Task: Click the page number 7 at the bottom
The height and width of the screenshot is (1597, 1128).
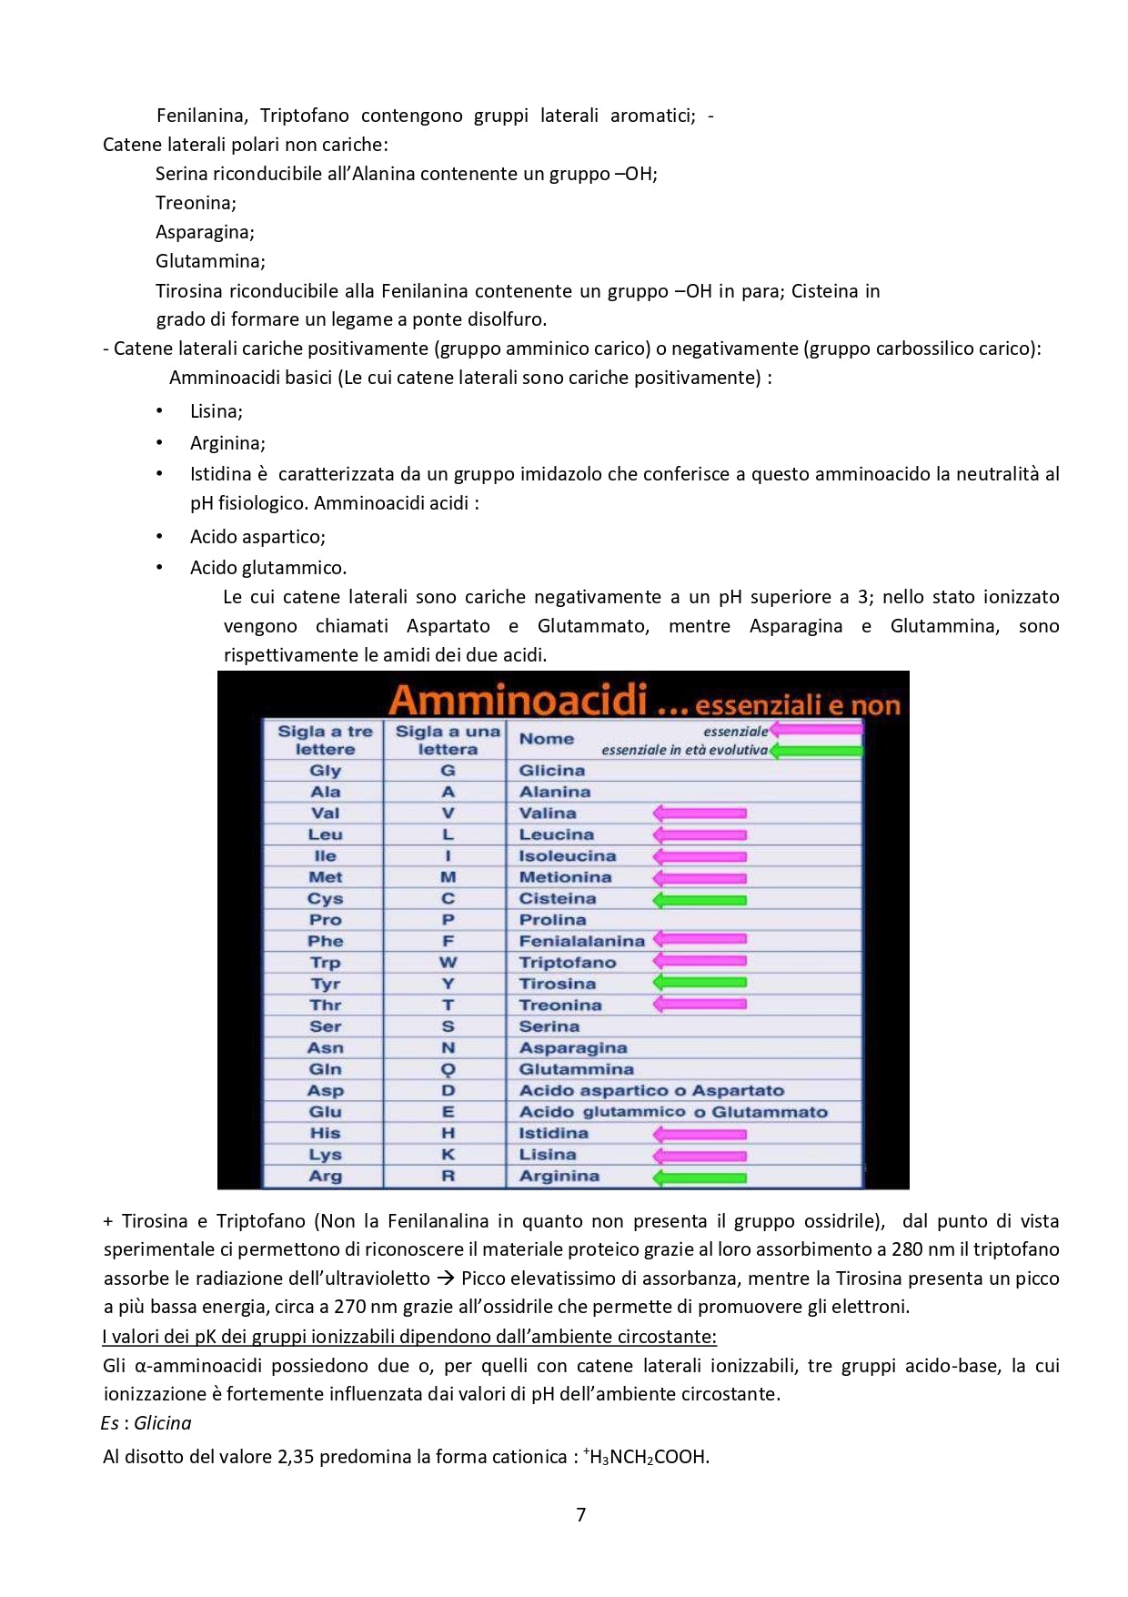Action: click(581, 1514)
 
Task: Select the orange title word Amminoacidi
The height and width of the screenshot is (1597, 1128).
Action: click(518, 701)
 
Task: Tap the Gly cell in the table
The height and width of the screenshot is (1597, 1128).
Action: click(325, 771)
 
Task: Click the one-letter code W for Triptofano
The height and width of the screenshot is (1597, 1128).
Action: click(448, 963)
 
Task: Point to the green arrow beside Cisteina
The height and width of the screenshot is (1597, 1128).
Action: click(700, 900)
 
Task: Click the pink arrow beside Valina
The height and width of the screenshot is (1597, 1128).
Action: click(700, 814)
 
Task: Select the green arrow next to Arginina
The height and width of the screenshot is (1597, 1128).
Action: click(700, 1178)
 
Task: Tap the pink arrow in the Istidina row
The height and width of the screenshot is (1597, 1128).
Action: click(700, 1135)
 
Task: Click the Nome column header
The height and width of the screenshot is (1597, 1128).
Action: click(546, 739)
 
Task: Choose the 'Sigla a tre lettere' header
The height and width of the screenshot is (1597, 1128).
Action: click(325, 740)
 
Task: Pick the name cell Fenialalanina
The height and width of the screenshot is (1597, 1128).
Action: click(581, 941)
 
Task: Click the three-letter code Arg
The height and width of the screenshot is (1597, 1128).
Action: click(325, 1176)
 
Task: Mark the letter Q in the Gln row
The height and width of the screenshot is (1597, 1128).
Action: click(448, 1069)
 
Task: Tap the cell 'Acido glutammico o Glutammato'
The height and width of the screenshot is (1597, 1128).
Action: click(673, 1112)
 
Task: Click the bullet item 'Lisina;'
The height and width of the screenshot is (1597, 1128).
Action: click(216, 411)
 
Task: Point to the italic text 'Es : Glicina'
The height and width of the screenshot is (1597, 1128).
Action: click(146, 1423)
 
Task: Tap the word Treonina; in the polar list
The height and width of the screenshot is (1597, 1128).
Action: click(196, 203)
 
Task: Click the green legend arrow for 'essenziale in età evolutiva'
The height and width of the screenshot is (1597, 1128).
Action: click(816, 751)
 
